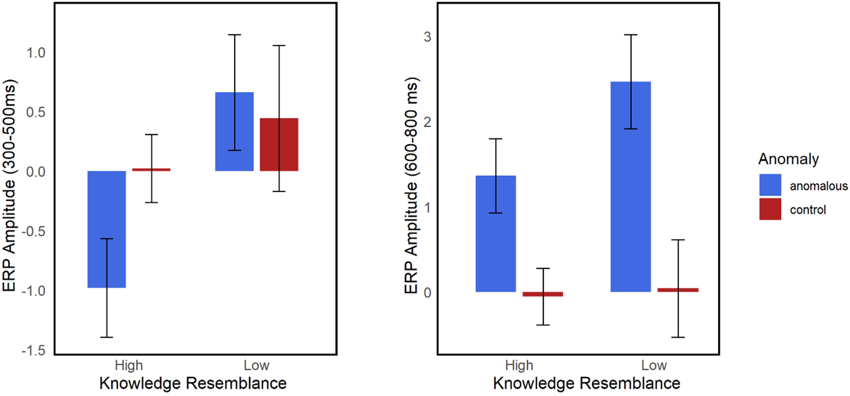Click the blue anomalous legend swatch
pyautogui.click(x=770, y=185)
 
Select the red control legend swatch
pyautogui.click(x=770, y=209)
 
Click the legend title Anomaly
pyautogui.click(x=788, y=159)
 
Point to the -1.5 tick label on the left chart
pyautogui.click(x=34, y=351)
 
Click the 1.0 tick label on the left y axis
pyautogui.click(x=36, y=53)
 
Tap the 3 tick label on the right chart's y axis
pyautogui.click(x=428, y=37)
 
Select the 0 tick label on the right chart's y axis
pyautogui.click(x=428, y=292)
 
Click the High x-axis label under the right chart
pyautogui.click(x=519, y=365)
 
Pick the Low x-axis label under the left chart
pyautogui.click(x=256, y=365)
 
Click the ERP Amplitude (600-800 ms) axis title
pyautogui.click(x=411, y=185)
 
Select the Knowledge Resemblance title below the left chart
pyautogui.click(x=193, y=384)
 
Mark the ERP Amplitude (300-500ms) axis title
pyautogui.click(x=9, y=185)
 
